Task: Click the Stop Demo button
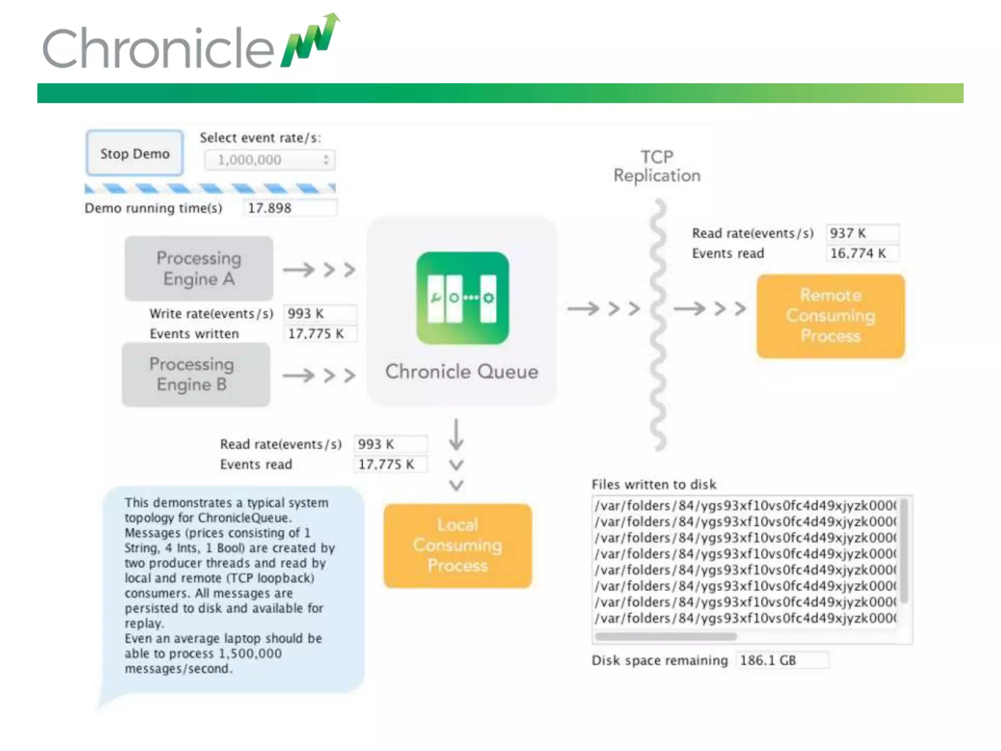tap(134, 154)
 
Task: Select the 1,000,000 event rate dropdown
tap(270, 160)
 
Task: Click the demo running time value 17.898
tap(288, 208)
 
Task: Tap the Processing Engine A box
tap(199, 268)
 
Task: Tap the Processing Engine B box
tap(196, 375)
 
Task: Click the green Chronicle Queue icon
tap(462, 298)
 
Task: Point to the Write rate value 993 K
tap(320, 313)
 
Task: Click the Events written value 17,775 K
tap(320, 334)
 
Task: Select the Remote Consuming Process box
tap(830, 316)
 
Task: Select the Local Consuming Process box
tap(457, 545)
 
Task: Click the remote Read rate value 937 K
tap(862, 233)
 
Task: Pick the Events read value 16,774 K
tap(862, 253)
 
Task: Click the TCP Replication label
tap(657, 166)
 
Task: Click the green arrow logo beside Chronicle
tap(310, 42)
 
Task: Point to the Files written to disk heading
tap(653, 485)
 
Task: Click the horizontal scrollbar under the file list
tap(666, 637)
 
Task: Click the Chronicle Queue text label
tap(461, 372)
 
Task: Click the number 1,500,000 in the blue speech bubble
tap(250, 653)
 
